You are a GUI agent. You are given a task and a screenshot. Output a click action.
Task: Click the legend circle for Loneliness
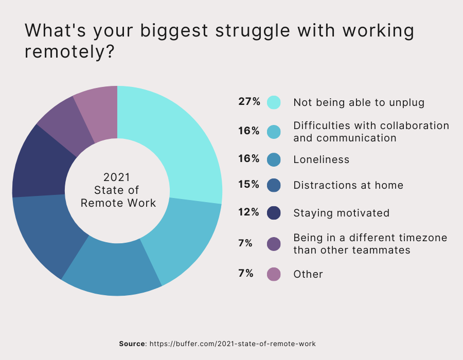point(274,159)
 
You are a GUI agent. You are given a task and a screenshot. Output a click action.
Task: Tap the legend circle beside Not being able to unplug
point(274,102)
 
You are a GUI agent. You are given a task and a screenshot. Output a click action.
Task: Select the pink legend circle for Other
point(274,274)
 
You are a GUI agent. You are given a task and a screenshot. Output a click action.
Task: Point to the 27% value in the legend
point(249,101)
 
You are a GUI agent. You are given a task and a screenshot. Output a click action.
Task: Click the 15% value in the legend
point(249,184)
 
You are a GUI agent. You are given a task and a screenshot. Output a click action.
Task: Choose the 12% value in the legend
point(249,212)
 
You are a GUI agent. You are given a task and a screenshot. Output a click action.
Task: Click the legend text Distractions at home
point(348,185)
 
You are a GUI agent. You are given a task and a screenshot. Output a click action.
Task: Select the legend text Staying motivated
point(341,213)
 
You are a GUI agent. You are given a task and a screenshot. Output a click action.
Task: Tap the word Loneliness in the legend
point(321,159)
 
